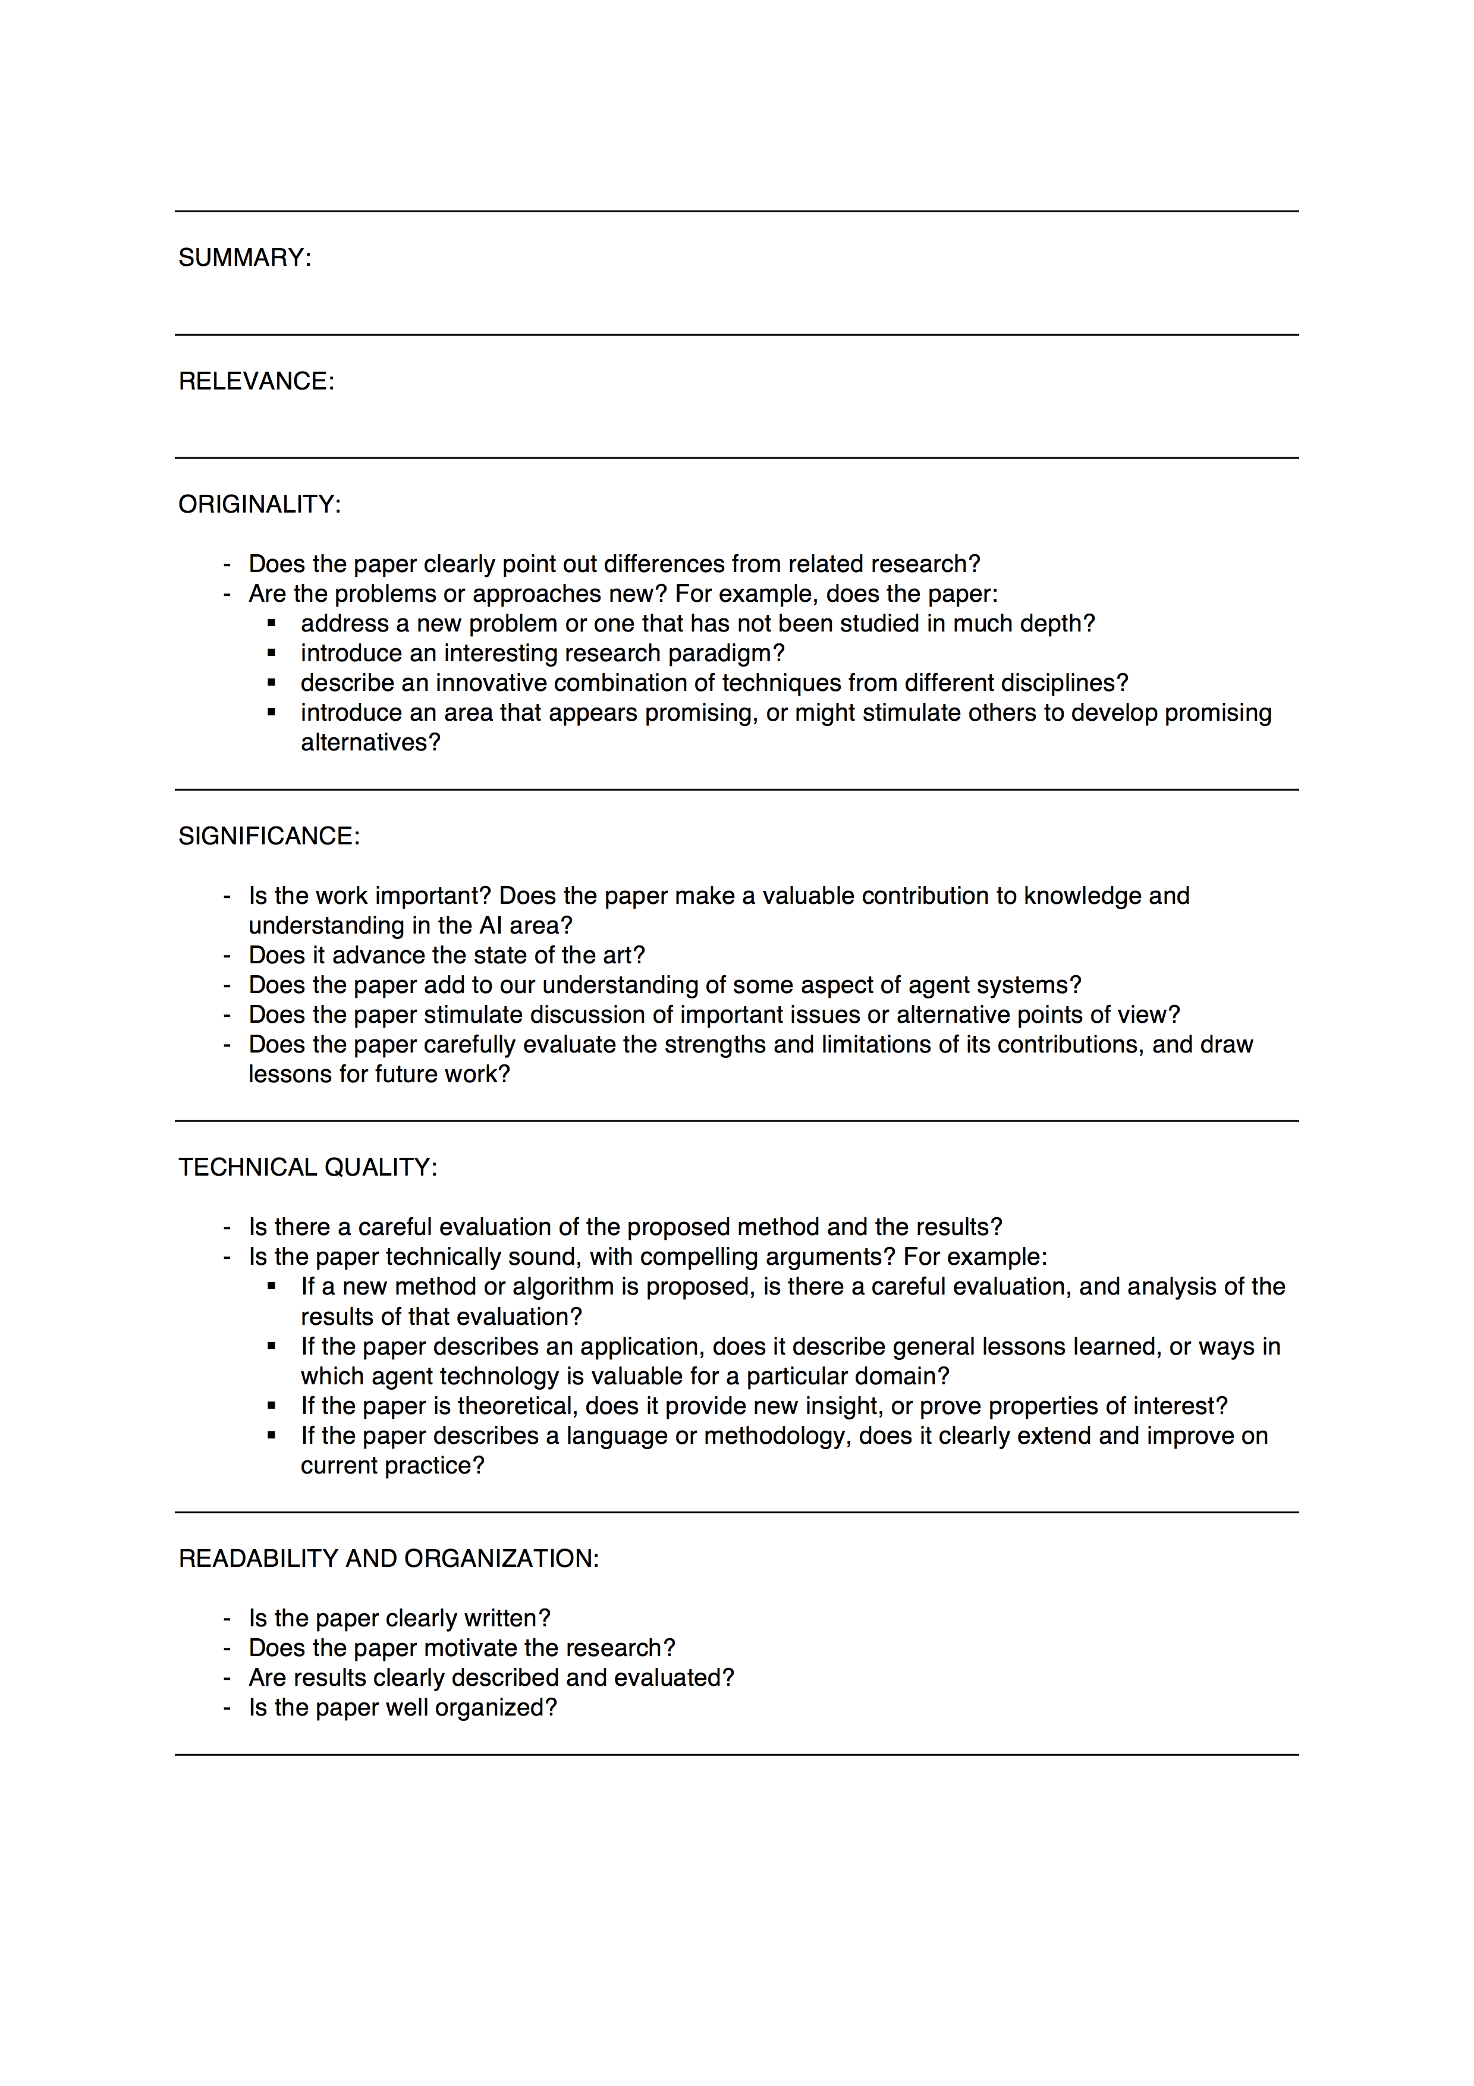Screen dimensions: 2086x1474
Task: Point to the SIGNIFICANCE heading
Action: coord(269,836)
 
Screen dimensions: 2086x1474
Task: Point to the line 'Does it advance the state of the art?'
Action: coord(447,956)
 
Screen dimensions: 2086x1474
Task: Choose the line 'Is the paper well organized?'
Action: coord(403,1707)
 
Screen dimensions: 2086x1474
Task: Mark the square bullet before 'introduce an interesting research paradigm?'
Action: coord(272,654)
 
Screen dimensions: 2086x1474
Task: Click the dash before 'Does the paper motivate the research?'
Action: coord(227,1648)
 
